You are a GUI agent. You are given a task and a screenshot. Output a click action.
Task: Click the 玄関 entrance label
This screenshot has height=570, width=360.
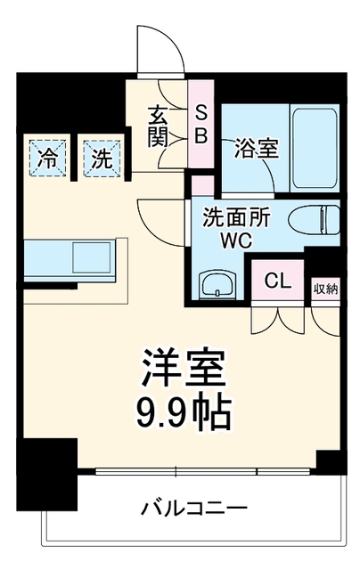pyautogui.click(x=157, y=126)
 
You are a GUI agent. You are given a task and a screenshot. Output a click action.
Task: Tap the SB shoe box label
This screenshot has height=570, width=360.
pyautogui.click(x=200, y=126)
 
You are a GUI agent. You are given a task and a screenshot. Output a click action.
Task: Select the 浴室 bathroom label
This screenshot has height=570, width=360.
pyautogui.click(x=256, y=149)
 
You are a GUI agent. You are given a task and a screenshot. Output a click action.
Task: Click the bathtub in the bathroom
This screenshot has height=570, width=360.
pyautogui.click(x=315, y=148)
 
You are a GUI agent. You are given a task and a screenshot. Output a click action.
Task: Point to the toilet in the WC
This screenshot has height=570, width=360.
pyautogui.click(x=315, y=220)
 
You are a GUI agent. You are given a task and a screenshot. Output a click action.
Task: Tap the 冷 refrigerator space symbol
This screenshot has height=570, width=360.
pyautogui.click(x=47, y=159)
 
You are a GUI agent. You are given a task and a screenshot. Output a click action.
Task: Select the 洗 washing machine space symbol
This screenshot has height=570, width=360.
pyautogui.click(x=102, y=159)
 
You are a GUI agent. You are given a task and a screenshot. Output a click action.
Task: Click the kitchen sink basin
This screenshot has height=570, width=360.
pyautogui.click(x=91, y=257)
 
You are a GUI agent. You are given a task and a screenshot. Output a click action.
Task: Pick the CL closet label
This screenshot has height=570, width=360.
pyautogui.click(x=278, y=281)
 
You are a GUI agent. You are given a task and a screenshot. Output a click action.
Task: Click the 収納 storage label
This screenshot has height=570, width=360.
pyautogui.click(x=326, y=289)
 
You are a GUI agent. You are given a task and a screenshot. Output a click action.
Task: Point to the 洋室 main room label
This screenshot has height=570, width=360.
pyautogui.click(x=183, y=368)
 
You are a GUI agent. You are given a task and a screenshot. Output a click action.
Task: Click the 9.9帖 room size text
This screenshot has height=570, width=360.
pyautogui.click(x=184, y=413)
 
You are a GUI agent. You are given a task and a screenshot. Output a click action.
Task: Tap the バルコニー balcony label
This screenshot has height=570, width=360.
pyautogui.click(x=194, y=508)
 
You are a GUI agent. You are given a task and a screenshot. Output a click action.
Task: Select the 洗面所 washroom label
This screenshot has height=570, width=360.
pyautogui.click(x=236, y=218)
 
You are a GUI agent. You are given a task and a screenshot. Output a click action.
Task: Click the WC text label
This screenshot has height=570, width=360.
pyautogui.click(x=237, y=240)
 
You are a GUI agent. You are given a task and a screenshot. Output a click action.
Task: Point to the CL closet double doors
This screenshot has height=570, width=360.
pyautogui.click(x=278, y=321)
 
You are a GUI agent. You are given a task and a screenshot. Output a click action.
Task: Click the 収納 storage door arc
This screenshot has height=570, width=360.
pyautogui.click(x=325, y=322)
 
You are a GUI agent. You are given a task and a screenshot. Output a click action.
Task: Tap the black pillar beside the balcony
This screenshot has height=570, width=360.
pyautogui.click(x=47, y=474)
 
